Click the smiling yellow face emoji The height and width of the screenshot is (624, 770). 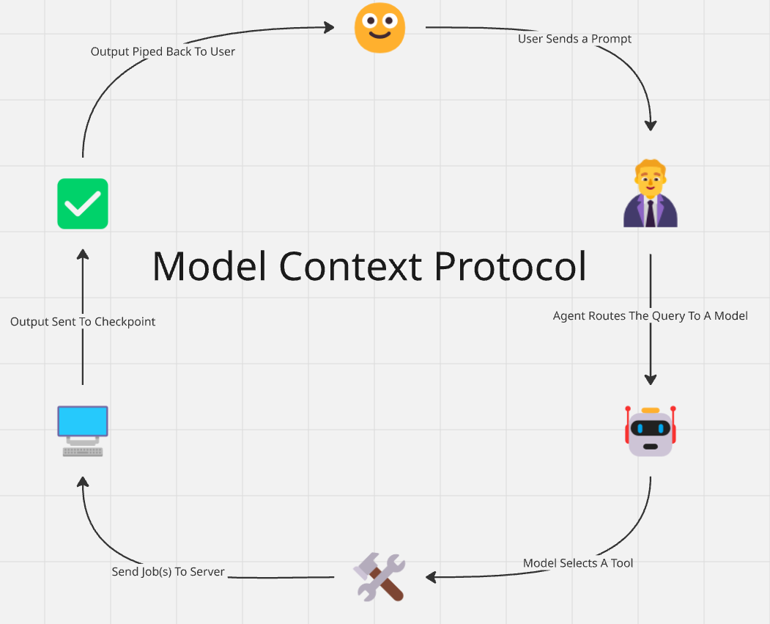(380, 28)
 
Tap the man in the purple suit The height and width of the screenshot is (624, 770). (651, 195)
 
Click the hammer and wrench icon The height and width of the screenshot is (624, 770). (380, 577)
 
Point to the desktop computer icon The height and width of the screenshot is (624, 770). (83, 431)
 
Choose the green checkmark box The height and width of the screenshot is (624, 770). (83, 204)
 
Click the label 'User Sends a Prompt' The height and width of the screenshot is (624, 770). (574, 39)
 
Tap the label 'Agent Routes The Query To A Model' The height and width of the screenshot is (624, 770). (651, 316)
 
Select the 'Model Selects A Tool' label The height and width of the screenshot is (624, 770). (578, 563)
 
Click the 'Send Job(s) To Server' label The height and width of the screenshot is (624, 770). (168, 571)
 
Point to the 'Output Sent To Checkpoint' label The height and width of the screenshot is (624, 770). (83, 321)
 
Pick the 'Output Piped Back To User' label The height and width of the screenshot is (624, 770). (163, 51)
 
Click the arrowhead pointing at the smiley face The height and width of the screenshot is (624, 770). (328, 28)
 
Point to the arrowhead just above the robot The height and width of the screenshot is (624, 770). (651, 379)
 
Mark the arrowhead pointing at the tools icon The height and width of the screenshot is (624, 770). (432, 577)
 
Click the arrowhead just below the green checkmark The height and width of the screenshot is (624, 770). (83, 254)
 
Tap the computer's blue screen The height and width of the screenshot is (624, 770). (83, 421)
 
